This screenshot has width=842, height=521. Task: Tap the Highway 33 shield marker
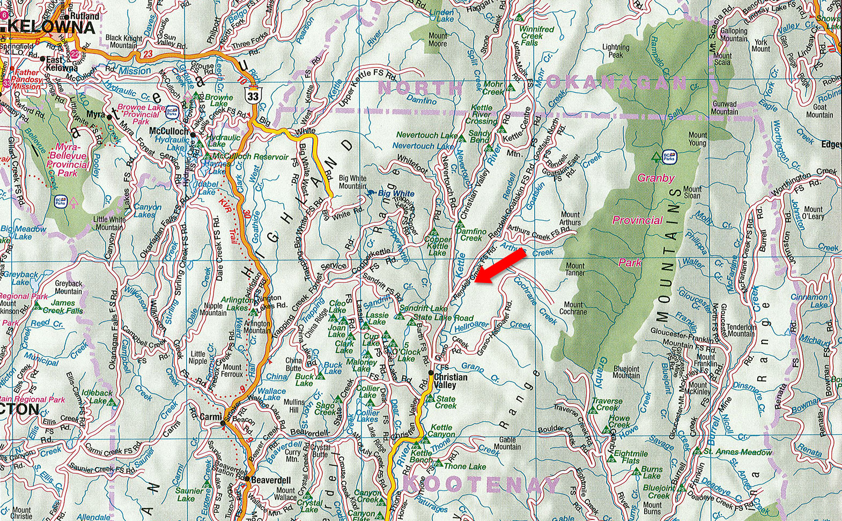(252, 95)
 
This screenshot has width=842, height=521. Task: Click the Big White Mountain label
(352, 182)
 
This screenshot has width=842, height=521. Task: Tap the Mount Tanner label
(575, 269)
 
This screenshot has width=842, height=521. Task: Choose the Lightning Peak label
(616, 51)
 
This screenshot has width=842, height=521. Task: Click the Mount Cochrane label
(573, 308)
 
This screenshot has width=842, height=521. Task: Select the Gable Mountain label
(507, 443)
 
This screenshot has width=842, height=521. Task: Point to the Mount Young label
(697, 139)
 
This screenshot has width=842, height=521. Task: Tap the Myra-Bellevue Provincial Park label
(68, 160)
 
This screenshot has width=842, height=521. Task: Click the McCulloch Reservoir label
(250, 157)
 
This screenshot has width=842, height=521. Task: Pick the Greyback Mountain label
(69, 287)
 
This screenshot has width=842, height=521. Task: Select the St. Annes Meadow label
(737, 452)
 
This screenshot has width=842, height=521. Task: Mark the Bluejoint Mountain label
(626, 372)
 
